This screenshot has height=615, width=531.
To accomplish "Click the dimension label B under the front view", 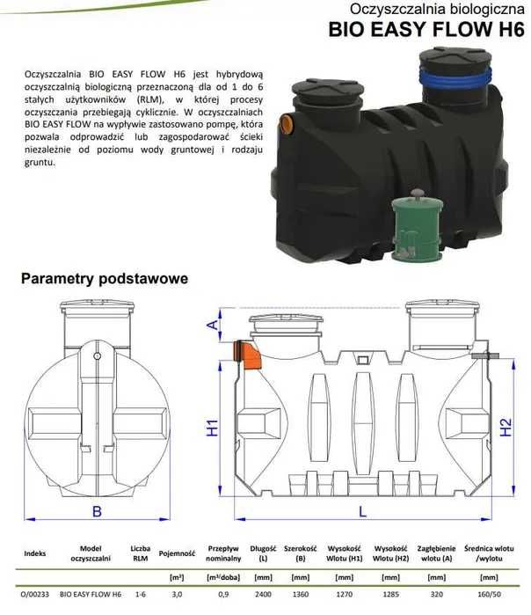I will point(97,511).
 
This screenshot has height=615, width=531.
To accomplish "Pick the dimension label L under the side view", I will point(362,509).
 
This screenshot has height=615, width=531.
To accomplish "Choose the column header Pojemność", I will point(177,554).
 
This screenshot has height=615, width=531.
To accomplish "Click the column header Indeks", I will point(34,554).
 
